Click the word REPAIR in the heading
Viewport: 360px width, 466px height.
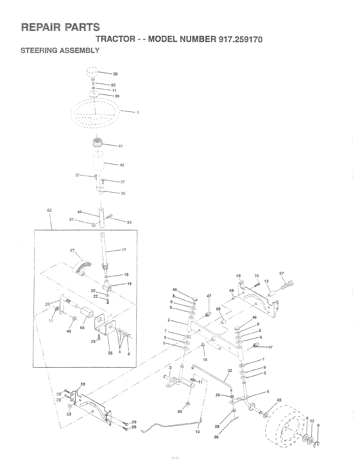pos(40,27)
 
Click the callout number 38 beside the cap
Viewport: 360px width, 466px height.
pos(115,74)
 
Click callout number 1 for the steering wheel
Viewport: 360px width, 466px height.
pos(137,113)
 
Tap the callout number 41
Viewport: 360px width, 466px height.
pos(120,146)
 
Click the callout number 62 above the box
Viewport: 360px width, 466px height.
pos(49,211)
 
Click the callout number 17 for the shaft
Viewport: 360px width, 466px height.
pos(124,250)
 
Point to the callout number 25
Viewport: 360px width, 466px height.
pos(110,353)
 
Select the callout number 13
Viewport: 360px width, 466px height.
pos(266,282)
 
